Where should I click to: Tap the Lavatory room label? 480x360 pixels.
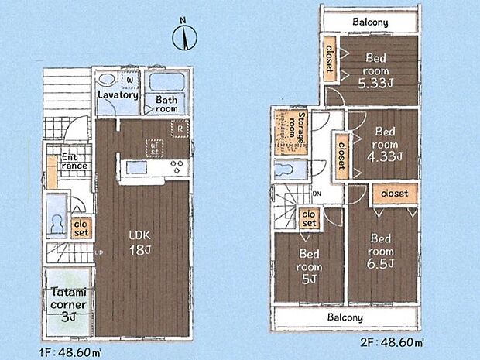pyautogui.click(x=118, y=95)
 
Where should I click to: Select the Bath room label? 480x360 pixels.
pyautogui.click(x=167, y=105)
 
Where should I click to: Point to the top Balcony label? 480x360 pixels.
pyautogui.click(x=370, y=22)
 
